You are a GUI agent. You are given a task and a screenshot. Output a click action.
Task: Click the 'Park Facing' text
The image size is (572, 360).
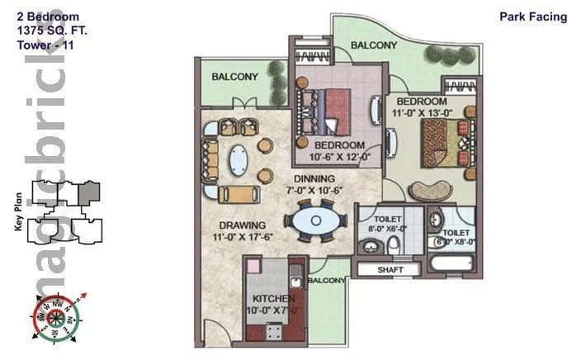[530, 16]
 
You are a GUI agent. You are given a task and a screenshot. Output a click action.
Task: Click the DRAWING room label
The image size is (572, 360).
[242, 225]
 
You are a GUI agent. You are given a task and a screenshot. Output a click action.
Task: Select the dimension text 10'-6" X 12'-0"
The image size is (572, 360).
[338, 155]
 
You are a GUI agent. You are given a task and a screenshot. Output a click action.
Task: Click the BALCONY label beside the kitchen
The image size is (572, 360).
[327, 281]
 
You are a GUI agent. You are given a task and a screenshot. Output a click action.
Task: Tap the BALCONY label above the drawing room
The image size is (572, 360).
[234, 77]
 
